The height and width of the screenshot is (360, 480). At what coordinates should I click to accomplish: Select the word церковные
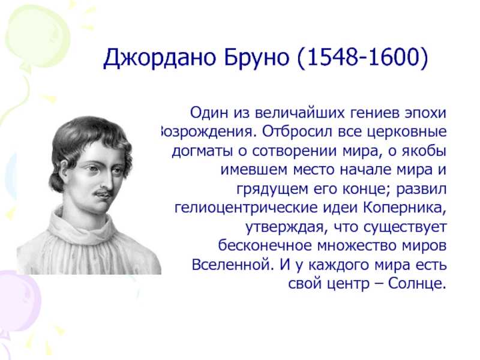pyautogui.click(x=407, y=132)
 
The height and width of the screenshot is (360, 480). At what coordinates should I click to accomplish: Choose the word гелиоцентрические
pyautogui.click(x=246, y=208)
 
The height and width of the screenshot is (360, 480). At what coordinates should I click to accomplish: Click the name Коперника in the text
pyautogui.click(x=403, y=208)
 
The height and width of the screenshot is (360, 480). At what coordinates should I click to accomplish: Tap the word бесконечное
pyautogui.click(x=265, y=245)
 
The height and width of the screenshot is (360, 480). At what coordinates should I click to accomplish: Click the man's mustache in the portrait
pyautogui.click(x=103, y=193)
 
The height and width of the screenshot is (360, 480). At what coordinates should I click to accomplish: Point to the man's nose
pyautogui.click(x=107, y=181)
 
